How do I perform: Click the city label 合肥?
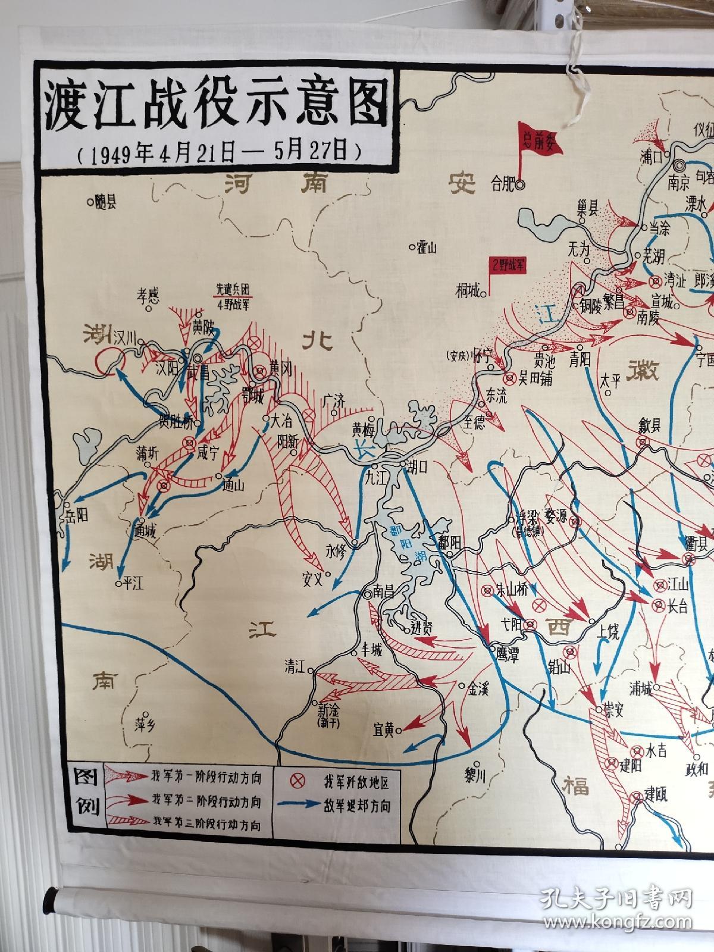[x=502, y=184]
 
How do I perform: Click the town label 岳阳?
[x=77, y=514]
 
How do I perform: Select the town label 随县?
[x=105, y=202]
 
